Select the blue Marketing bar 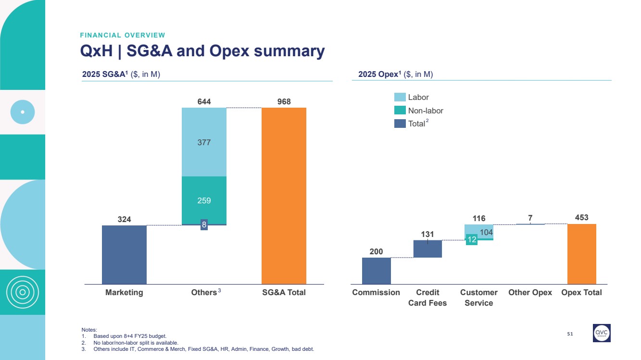124,255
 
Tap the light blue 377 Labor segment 204,142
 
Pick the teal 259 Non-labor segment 204,200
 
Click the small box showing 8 204,225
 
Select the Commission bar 376,271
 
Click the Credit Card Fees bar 427,249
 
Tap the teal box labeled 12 471,239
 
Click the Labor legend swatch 400,97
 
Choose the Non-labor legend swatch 400,111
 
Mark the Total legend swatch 400,124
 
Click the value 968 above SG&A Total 284,102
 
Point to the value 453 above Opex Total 581,218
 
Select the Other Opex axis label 530,292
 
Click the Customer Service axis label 478,298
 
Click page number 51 570,334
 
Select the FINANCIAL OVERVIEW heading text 122,35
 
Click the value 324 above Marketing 124,220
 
